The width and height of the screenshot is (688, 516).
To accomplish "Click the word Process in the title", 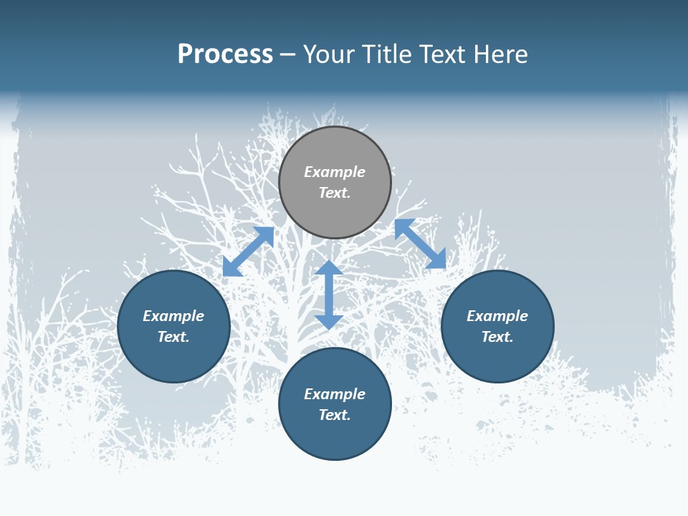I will pos(225,54).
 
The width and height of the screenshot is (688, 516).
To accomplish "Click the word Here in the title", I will pos(500,54).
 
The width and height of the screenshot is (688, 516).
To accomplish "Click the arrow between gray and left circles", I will pos(248,252).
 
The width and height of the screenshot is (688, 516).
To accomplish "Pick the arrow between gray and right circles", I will pos(420,244).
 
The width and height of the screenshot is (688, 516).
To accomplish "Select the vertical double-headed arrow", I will pos(329,295).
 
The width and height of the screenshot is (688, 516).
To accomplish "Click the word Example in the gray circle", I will pos(335,172).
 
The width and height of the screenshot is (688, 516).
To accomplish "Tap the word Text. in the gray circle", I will pos(335,193).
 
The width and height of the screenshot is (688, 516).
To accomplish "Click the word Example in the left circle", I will pos(173,316).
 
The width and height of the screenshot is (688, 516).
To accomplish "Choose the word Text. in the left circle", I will pos(173,337).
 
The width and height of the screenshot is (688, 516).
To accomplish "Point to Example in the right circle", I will pos(497,316).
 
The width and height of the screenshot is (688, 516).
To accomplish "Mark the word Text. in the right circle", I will pos(497,337).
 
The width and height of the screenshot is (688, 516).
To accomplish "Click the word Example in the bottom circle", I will pos(335,394).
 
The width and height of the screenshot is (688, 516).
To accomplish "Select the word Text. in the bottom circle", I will pos(335,415).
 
